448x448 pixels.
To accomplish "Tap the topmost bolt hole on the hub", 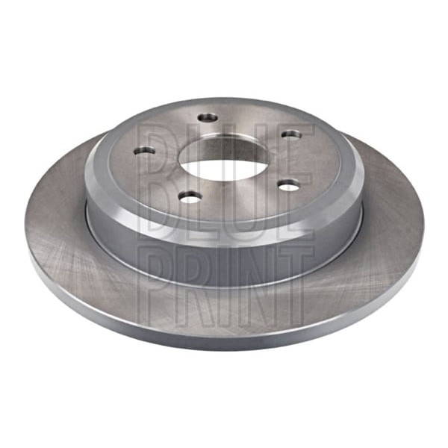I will pos(208,117).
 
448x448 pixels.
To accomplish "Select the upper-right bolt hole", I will pos(291,134).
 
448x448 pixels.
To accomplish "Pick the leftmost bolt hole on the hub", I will pos(144,151).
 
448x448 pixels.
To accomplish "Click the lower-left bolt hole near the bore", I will pos(190,196).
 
